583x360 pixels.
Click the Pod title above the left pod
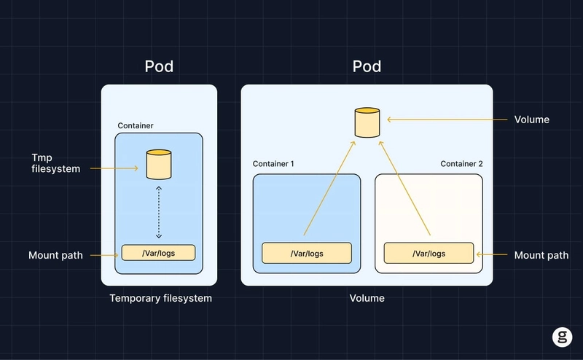(x=159, y=67)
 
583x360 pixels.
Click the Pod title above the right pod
(x=367, y=67)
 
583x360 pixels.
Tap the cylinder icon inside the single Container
(x=158, y=164)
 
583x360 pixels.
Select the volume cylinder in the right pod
(x=367, y=122)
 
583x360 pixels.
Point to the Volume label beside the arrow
(x=532, y=119)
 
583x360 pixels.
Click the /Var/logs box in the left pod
(x=158, y=253)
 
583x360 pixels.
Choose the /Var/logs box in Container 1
(x=307, y=254)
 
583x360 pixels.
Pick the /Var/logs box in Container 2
(x=429, y=254)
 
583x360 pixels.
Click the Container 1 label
(x=273, y=164)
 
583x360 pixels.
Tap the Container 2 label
(x=461, y=164)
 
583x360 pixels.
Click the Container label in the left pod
(x=136, y=126)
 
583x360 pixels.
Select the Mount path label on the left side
(x=55, y=255)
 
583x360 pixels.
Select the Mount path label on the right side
(x=541, y=255)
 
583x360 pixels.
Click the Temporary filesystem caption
(x=160, y=298)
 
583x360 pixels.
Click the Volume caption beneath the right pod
(x=367, y=298)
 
